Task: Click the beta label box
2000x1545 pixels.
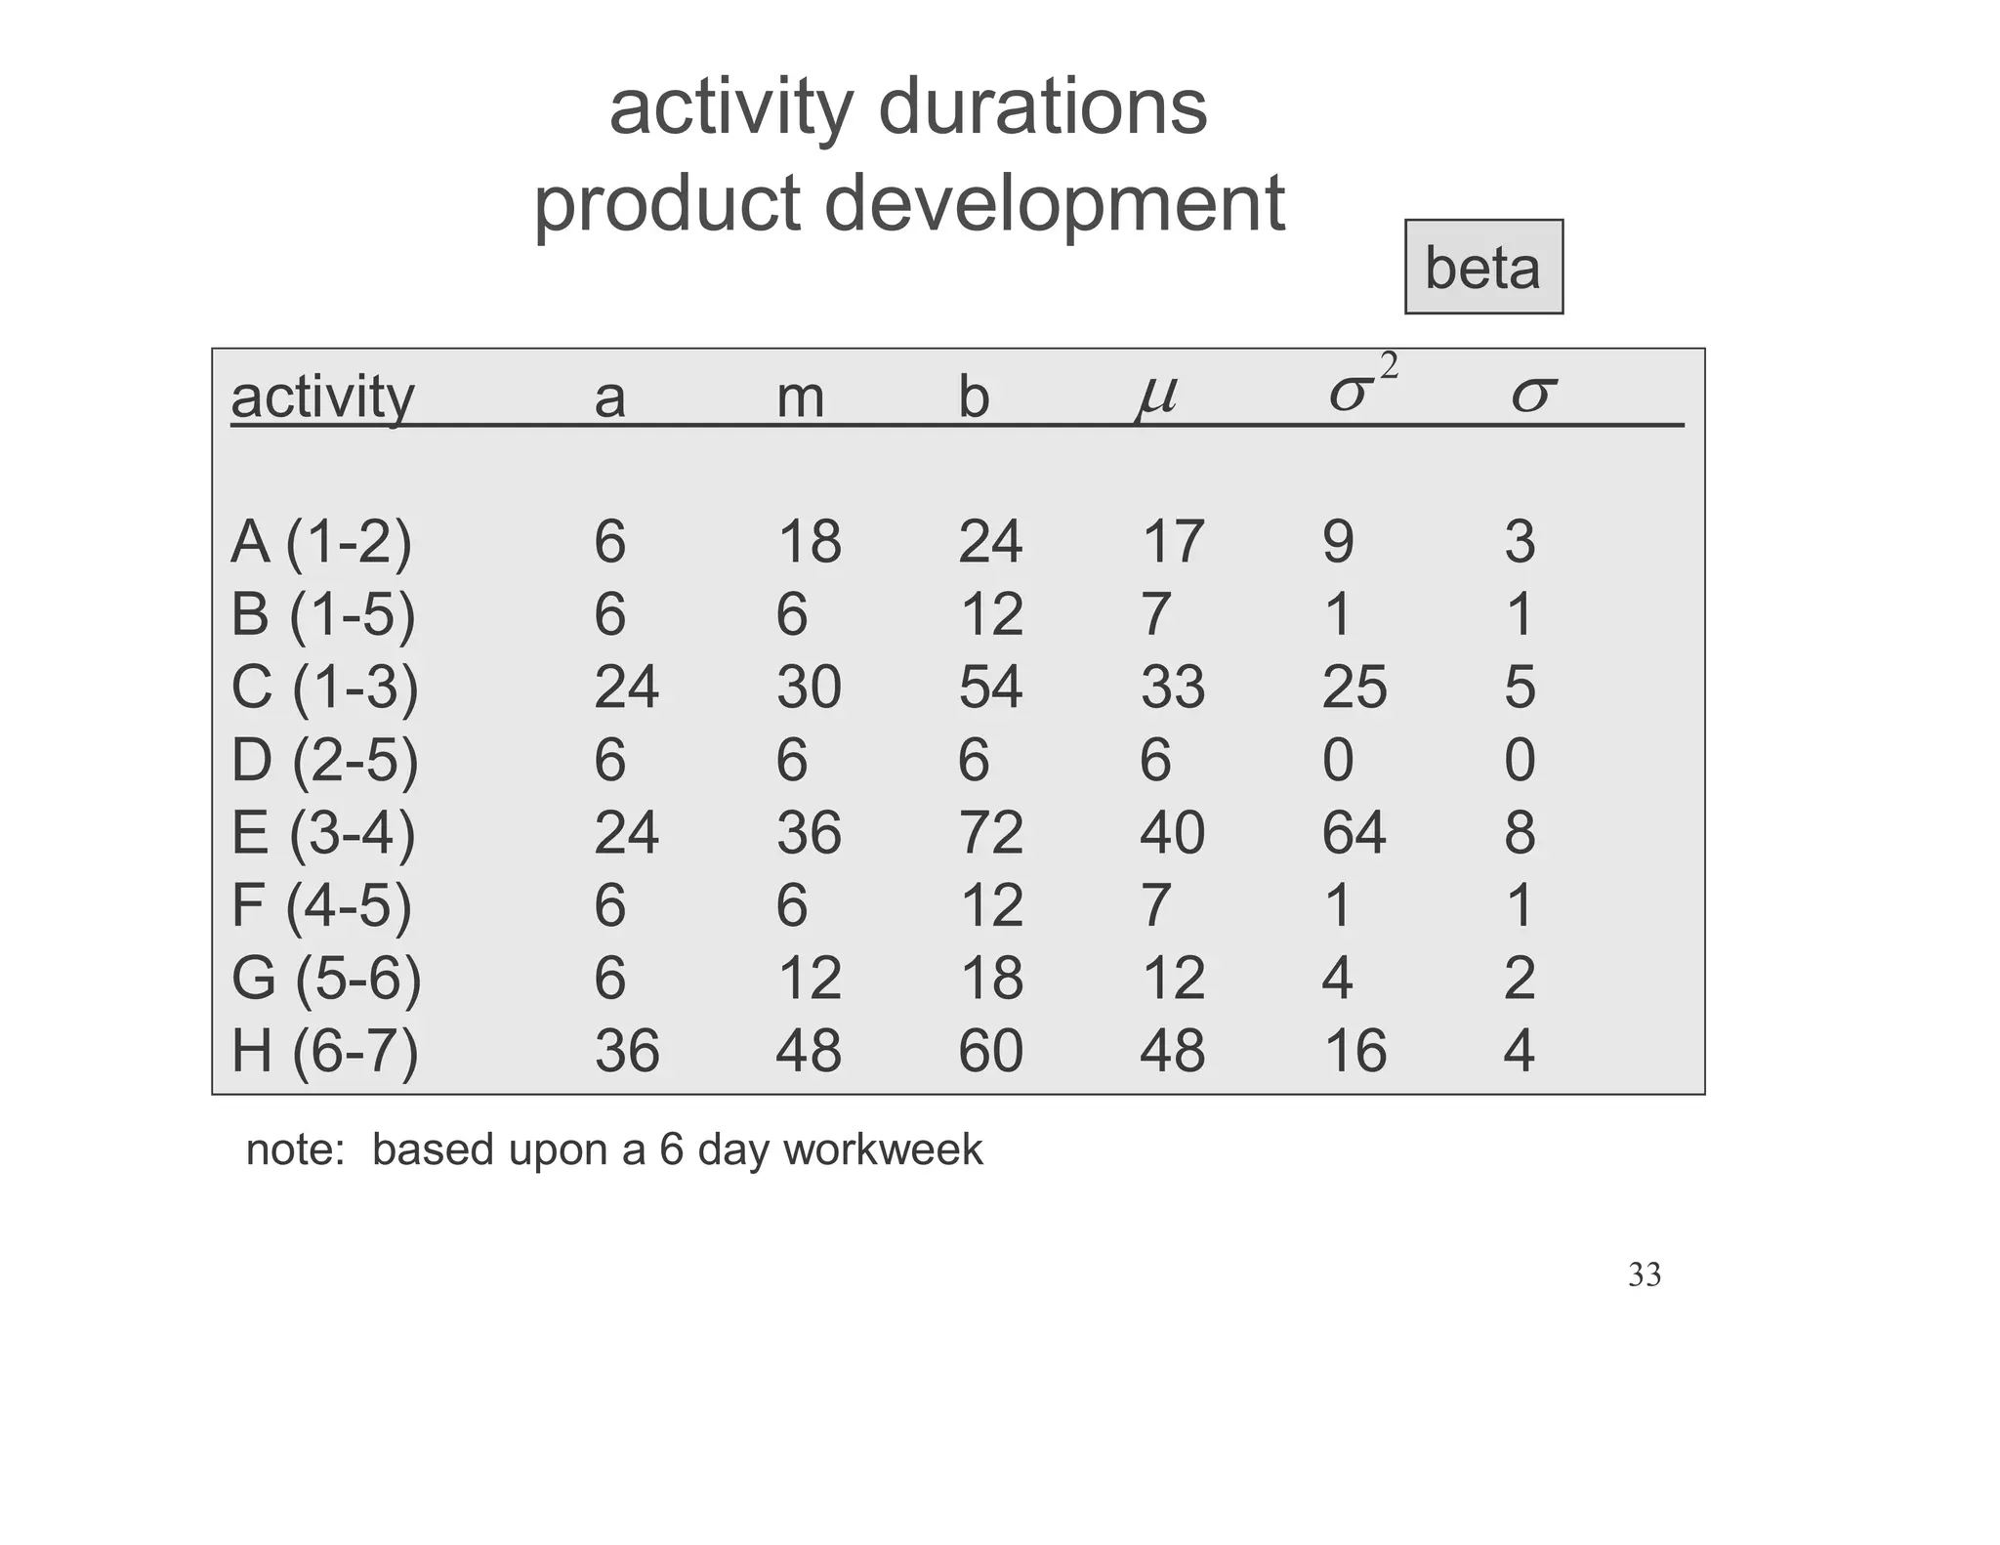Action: (1482, 267)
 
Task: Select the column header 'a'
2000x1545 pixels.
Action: (609, 397)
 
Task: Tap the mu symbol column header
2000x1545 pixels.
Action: (1156, 396)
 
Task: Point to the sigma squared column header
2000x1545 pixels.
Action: (1361, 386)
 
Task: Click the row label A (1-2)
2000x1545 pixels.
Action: (321, 542)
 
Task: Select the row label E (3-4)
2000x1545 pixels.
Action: (323, 833)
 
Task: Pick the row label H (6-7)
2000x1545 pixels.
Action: (324, 1052)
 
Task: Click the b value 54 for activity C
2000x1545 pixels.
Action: (989, 687)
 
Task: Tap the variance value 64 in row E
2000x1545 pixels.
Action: (1354, 833)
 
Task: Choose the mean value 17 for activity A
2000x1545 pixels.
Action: (1172, 542)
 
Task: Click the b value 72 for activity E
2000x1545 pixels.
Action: (989, 833)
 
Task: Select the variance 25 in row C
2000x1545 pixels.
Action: (1354, 687)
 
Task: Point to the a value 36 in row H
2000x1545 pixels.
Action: (626, 1052)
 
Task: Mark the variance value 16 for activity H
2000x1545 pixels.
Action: (1354, 1052)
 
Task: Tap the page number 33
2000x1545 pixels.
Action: (1645, 1275)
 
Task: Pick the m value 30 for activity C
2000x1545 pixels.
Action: (809, 687)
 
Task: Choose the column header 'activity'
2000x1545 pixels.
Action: (322, 397)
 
